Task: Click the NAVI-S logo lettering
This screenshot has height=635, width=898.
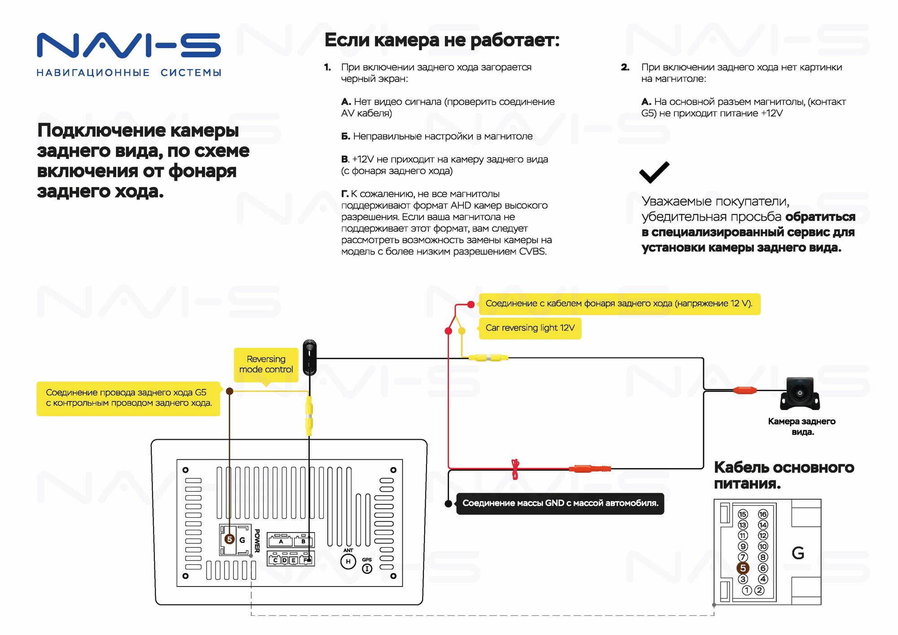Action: (x=128, y=45)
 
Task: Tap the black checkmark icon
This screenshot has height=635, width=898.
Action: (x=654, y=172)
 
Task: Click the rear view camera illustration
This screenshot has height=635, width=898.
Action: (x=800, y=393)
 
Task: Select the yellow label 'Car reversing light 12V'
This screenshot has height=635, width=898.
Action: (x=530, y=328)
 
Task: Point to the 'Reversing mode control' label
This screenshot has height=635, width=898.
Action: (x=266, y=364)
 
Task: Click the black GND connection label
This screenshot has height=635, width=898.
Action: (x=560, y=503)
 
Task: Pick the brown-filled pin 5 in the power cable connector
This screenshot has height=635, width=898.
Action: (x=743, y=568)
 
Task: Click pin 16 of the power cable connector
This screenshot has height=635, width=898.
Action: (x=762, y=514)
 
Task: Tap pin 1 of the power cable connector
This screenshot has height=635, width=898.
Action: (x=747, y=590)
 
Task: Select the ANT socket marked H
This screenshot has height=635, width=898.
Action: (x=348, y=561)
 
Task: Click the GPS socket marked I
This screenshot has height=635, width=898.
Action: (x=367, y=569)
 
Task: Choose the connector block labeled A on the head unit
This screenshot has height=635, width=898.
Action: (x=281, y=540)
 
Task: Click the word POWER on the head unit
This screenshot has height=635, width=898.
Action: (x=257, y=540)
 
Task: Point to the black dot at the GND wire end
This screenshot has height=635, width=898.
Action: (x=448, y=503)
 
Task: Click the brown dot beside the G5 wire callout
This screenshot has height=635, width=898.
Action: (x=229, y=391)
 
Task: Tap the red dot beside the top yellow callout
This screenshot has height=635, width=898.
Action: (x=471, y=304)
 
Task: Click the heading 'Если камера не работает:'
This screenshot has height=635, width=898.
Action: (x=442, y=40)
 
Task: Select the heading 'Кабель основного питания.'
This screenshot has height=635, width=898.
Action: (x=784, y=475)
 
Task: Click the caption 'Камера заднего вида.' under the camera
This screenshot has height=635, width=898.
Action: (x=801, y=426)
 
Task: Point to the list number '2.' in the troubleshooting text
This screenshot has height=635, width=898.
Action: (x=625, y=67)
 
